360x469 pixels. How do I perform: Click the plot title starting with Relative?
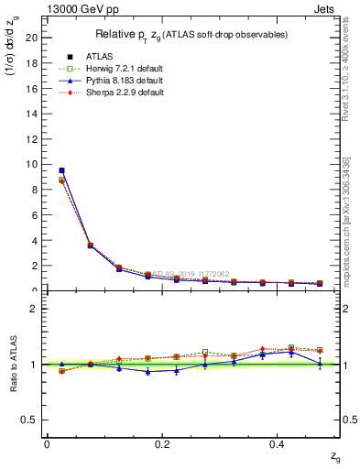(x=192, y=35)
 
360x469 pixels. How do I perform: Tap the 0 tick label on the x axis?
(x=47, y=443)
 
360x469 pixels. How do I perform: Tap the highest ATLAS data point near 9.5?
(x=61, y=170)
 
